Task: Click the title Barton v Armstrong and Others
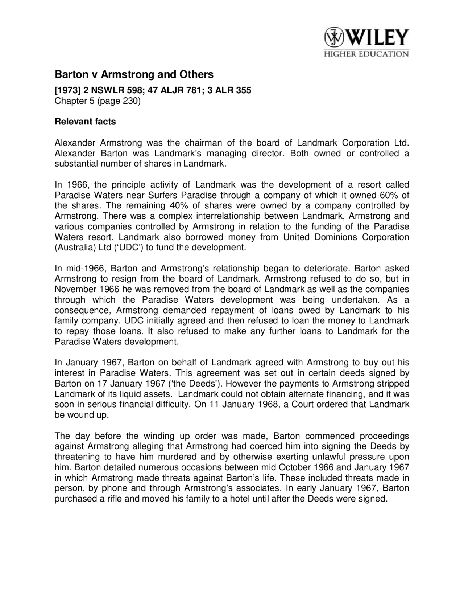[x=134, y=74]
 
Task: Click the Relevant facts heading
[x=85, y=122]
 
